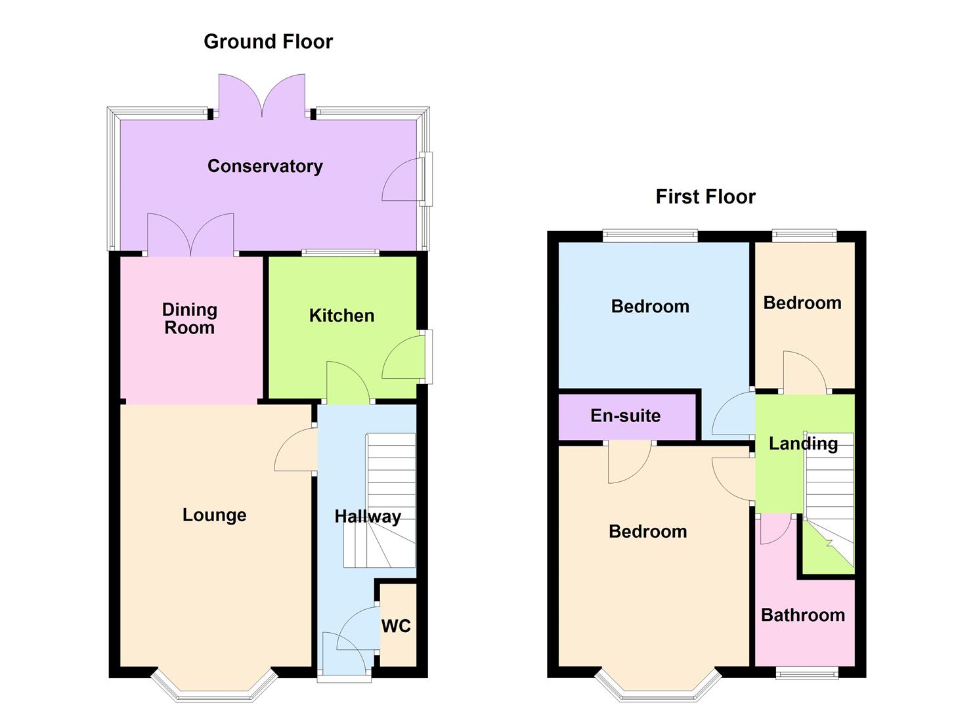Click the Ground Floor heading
pyautogui.click(x=268, y=41)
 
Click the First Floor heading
pyautogui.click(x=705, y=196)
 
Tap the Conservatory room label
pyautogui.click(x=265, y=166)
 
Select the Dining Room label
pyautogui.click(x=189, y=318)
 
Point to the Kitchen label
pyautogui.click(x=341, y=316)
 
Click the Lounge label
pyautogui.click(x=214, y=515)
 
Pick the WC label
pyautogui.click(x=396, y=626)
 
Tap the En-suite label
pyautogui.click(x=625, y=416)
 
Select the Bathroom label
pyautogui.click(x=802, y=615)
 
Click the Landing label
pyautogui.click(x=803, y=444)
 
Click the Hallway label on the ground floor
pyautogui.click(x=367, y=517)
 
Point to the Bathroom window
pyautogui.click(x=807, y=672)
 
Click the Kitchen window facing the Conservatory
pyautogui.click(x=340, y=252)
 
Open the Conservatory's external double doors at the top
pyautogui.click(x=262, y=95)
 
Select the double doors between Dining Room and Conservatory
pyautogui.click(x=190, y=235)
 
